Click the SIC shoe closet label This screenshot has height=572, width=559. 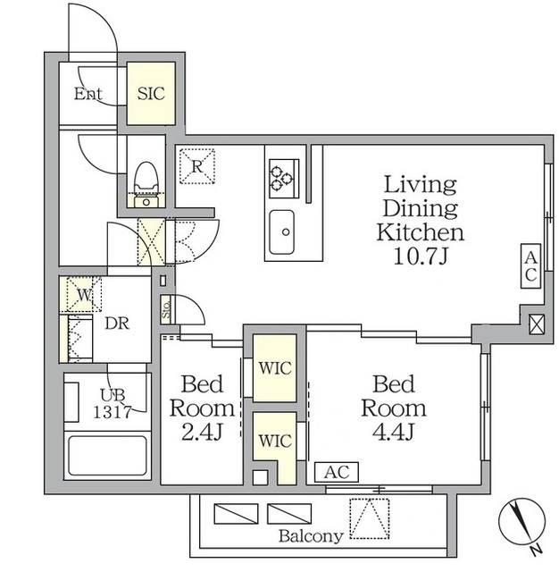(151, 94)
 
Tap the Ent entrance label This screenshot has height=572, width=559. (88, 94)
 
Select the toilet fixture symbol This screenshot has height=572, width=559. (146, 185)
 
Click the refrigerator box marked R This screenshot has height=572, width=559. (196, 166)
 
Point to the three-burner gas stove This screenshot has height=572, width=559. (284, 179)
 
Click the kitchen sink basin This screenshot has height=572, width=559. (281, 232)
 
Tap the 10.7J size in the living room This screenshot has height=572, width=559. (421, 257)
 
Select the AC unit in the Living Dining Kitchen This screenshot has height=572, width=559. (530, 266)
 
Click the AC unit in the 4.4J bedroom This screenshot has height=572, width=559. (337, 472)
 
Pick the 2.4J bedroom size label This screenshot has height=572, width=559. (202, 432)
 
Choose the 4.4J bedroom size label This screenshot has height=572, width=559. (393, 432)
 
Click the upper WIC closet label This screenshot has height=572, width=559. (275, 368)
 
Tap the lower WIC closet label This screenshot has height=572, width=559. (275, 441)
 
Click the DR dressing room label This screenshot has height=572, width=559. (117, 324)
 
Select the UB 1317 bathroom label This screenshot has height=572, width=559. (112, 404)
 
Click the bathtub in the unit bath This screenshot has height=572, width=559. (107, 455)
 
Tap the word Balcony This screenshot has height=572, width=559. (311, 536)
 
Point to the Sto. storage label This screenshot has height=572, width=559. (166, 310)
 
